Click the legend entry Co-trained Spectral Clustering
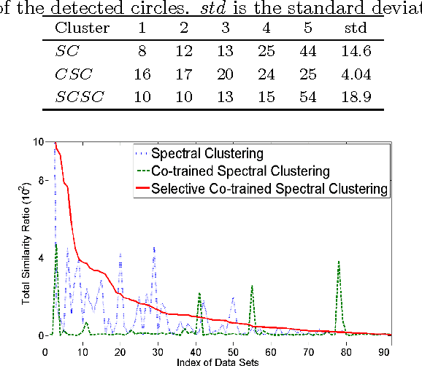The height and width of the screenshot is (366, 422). [x=231, y=171]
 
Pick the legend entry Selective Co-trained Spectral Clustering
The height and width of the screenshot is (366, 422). [x=259, y=188]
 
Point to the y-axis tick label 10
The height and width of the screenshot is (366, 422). [x=39, y=141]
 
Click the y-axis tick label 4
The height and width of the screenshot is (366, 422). [x=42, y=258]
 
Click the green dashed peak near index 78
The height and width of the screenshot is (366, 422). [x=339, y=262]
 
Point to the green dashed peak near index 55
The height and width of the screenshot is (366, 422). [x=252, y=286]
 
